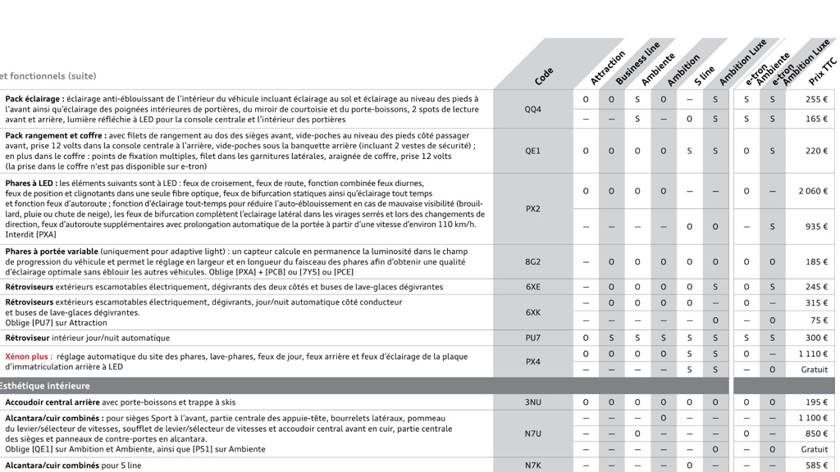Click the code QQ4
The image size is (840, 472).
coord(533,109)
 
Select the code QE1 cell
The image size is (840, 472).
coord(533,151)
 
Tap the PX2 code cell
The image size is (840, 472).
coord(533,209)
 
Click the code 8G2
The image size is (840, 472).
coord(533,262)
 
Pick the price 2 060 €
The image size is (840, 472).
coord(813,191)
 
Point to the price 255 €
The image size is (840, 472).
coord(816,99)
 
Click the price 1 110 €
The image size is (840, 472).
coord(814,354)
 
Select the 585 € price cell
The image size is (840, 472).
coord(816,465)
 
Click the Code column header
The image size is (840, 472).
coord(544,76)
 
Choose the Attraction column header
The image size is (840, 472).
coord(608,68)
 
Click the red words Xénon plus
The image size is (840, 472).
coord(26,357)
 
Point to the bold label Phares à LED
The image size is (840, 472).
coord(31,184)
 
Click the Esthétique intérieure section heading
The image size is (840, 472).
coord(45,386)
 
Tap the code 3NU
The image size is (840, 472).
coord(533,402)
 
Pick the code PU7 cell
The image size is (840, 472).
coord(533,338)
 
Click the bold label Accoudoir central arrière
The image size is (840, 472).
coord(52,402)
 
